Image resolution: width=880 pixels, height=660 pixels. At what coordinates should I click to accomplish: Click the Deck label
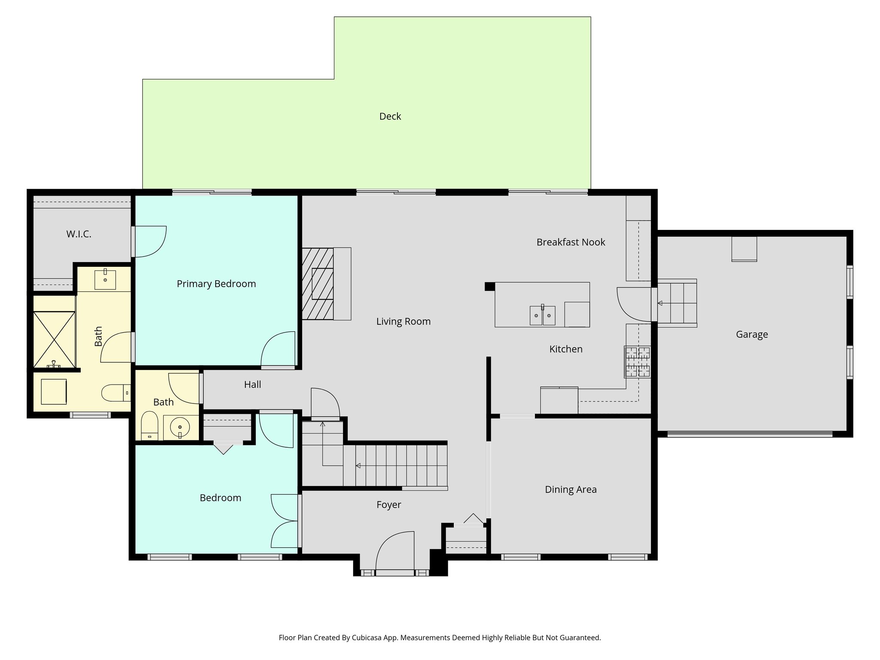(x=390, y=116)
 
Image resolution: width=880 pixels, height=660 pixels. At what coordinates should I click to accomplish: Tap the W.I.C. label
(x=79, y=234)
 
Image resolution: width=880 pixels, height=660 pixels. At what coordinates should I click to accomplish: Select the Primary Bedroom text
(x=216, y=284)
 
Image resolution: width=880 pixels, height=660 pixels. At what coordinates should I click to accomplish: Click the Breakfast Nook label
(x=571, y=242)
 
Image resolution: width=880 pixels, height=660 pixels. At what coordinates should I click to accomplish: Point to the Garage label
(x=752, y=334)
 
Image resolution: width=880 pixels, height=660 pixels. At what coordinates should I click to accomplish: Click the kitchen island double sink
(x=542, y=316)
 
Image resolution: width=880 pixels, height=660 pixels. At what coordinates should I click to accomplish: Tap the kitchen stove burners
(x=638, y=362)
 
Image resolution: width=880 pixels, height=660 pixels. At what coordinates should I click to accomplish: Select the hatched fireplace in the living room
(x=318, y=284)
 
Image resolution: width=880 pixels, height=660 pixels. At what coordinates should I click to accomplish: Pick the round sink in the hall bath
(x=180, y=428)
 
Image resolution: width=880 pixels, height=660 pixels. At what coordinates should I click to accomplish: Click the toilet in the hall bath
(x=150, y=425)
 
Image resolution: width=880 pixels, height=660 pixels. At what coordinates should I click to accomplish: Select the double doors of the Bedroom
(x=284, y=521)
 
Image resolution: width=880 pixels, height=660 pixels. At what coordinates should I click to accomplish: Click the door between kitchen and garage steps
(x=634, y=304)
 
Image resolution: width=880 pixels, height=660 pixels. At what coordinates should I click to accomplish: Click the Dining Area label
(x=571, y=489)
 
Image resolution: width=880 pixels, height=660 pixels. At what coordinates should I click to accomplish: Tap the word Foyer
(x=388, y=505)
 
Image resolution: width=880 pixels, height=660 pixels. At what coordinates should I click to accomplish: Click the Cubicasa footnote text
(x=440, y=638)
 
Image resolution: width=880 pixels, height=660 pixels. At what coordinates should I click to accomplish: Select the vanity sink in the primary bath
(x=105, y=280)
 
